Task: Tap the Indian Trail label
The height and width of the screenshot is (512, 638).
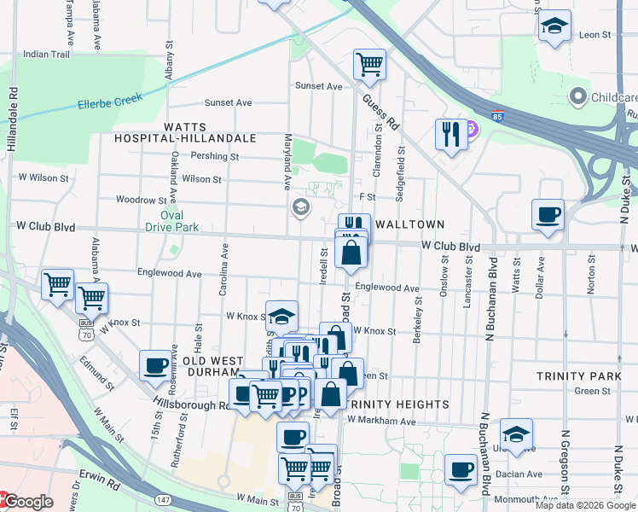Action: [x=46, y=54]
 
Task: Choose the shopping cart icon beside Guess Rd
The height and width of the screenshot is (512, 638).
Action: [x=369, y=64]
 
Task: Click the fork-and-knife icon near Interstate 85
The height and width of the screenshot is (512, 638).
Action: [x=451, y=134]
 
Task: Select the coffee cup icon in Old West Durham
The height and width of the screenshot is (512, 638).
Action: [x=155, y=365]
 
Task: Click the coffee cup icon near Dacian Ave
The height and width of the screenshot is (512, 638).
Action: [x=461, y=468]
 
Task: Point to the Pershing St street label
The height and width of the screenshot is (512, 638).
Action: [x=215, y=157]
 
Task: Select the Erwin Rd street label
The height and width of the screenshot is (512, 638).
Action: [x=101, y=483]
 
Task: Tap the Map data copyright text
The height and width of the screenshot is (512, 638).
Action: [x=584, y=505]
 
